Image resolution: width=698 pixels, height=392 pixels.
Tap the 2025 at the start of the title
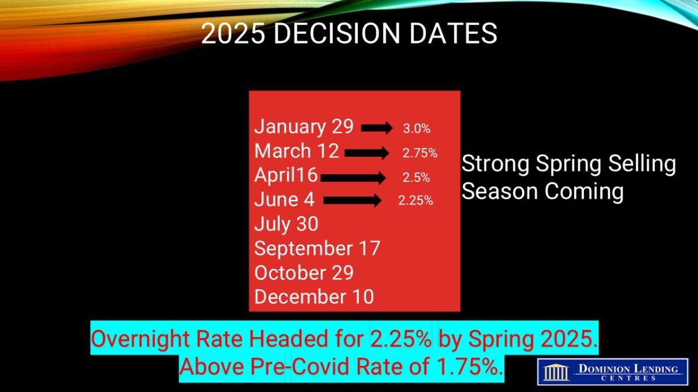pos(233,33)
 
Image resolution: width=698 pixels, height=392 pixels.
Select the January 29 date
pos(304,127)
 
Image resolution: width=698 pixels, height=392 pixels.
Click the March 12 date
pos(296,151)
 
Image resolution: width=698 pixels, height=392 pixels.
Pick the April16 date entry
pos(286,175)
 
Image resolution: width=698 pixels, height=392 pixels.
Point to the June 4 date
pos(284,199)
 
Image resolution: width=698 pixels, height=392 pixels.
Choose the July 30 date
pos(286,224)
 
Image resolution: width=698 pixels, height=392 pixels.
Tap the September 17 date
pos(317,249)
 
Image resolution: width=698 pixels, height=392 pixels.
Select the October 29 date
pos(304,272)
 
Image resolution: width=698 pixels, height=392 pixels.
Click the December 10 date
pos(314,297)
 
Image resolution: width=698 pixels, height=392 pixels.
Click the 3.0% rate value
pos(416,128)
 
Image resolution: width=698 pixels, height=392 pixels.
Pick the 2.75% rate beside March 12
pos(420,153)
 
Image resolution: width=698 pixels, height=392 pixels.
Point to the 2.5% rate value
pos(416,178)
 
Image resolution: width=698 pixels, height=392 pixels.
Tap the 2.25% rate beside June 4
pos(415,200)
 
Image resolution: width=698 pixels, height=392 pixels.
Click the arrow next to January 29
pos(377,128)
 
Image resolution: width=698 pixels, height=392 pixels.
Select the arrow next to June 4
pos(352,200)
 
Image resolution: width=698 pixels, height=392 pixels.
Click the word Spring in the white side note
pos(568,164)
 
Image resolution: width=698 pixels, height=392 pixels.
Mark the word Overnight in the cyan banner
pos(140,339)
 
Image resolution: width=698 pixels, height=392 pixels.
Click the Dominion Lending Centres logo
pos(612,372)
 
